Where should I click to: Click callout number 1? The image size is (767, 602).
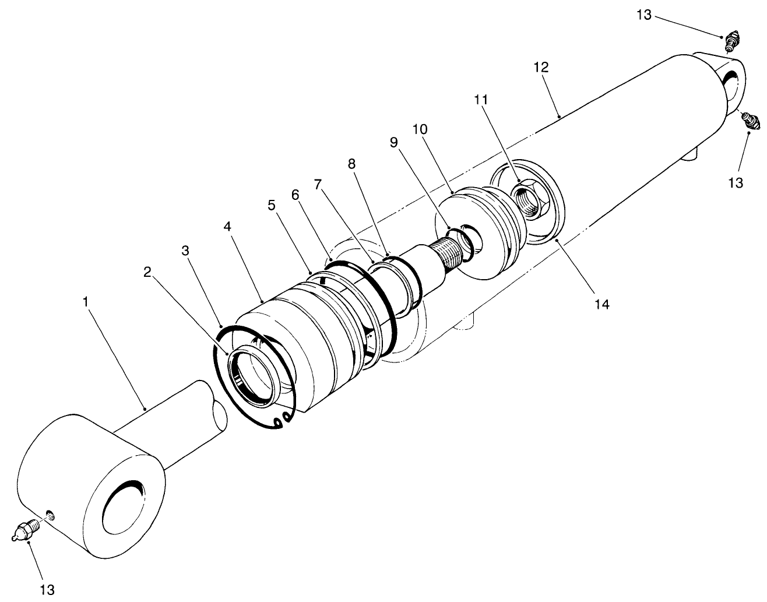[x=86, y=302]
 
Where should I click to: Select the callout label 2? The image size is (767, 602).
[x=147, y=272]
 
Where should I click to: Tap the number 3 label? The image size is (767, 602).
[x=185, y=251]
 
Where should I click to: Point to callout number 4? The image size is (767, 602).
[x=227, y=226]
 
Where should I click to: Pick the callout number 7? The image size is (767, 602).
[x=318, y=185]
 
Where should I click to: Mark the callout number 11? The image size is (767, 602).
[x=481, y=100]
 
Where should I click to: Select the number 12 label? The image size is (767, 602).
[x=540, y=67]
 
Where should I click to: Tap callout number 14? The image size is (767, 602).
[x=601, y=304]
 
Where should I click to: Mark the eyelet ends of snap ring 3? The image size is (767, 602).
[x=284, y=420]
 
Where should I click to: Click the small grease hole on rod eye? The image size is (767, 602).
[x=50, y=514]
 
